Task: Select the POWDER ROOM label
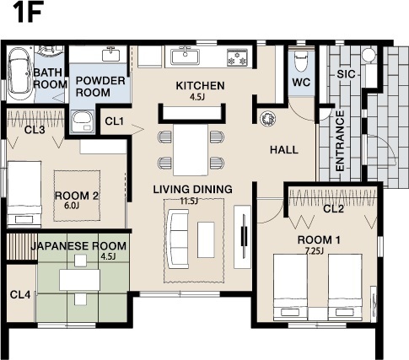click(x=100, y=85)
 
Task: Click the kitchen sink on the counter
click(x=185, y=57)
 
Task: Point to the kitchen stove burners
click(x=237, y=58)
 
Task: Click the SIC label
click(x=346, y=74)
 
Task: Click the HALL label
click(x=284, y=149)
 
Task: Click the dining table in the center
click(x=189, y=149)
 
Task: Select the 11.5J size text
click(x=188, y=201)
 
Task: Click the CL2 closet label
click(x=334, y=208)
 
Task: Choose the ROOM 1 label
click(x=320, y=239)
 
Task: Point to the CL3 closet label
click(x=35, y=130)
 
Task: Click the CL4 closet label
click(x=19, y=294)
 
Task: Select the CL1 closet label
click(x=115, y=121)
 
